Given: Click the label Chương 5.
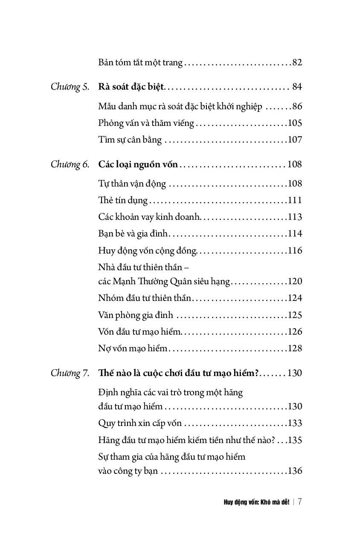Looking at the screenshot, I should [x=70, y=87].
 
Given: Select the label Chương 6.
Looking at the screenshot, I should [x=70, y=164].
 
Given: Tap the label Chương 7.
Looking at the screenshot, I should [x=70, y=373].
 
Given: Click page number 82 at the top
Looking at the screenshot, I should [x=297, y=62].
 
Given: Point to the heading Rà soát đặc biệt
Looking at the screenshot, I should [x=131, y=87].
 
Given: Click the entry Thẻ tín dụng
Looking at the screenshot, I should [x=123, y=200].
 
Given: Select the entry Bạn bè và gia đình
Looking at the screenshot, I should [x=134, y=234].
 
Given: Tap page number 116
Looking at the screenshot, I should [x=295, y=251].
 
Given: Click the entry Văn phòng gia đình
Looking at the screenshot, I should [x=136, y=315].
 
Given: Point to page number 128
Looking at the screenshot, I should [x=295, y=349].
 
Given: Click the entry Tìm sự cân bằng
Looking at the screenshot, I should [x=130, y=140].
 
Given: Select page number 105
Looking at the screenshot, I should [x=295, y=123].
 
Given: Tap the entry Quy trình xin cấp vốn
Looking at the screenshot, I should [x=140, y=423].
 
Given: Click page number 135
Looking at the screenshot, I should [x=295, y=440].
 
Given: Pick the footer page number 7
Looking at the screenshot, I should [x=300, y=502].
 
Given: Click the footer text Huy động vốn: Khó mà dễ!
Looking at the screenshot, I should [x=256, y=502].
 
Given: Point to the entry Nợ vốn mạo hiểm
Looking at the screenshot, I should [x=133, y=349].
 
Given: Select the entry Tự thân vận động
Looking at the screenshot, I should [x=132, y=184].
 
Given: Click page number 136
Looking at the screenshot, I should [x=295, y=471].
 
